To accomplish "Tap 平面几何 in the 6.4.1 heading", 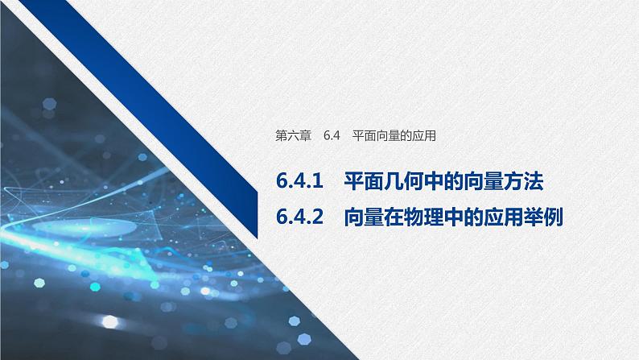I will (373, 183).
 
